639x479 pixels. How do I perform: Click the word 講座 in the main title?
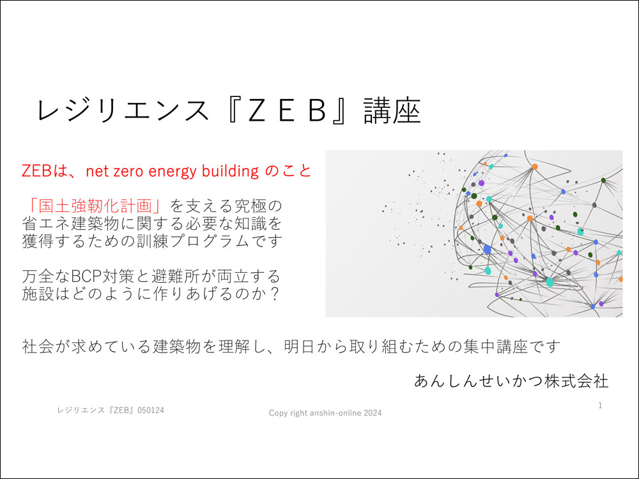(x=392, y=110)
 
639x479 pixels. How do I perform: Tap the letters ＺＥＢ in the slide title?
(x=288, y=110)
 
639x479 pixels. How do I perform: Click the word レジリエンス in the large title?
(x=122, y=110)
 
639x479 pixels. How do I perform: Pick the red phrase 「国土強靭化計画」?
(x=95, y=206)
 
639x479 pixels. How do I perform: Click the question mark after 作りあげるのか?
(x=275, y=294)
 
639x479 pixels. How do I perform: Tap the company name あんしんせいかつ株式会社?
(x=511, y=381)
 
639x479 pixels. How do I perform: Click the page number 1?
(x=600, y=406)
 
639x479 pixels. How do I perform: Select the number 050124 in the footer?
(x=151, y=410)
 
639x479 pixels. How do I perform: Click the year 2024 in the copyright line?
(x=373, y=413)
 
